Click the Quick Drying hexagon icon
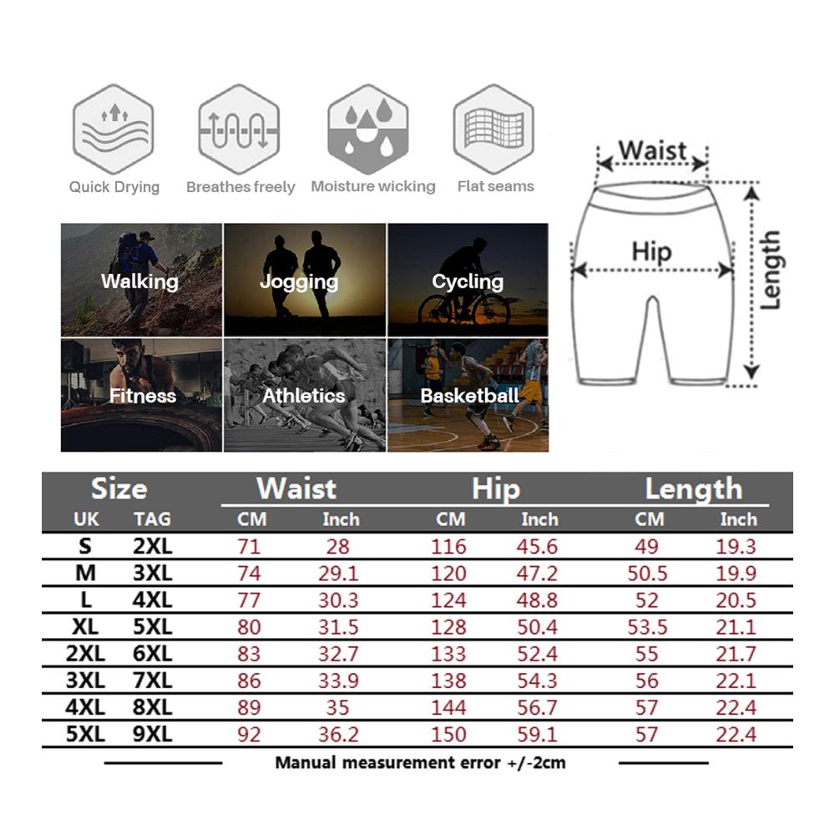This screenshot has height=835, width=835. tap(114, 129)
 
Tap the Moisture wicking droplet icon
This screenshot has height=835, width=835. tap(368, 129)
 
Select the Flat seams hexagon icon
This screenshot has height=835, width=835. tap(493, 129)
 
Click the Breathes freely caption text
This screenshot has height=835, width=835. tap(240, 187)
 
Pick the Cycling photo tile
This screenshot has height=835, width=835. tap(468, 280)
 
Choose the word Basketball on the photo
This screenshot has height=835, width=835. tap(469, 396)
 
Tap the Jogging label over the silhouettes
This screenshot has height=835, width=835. tap(299, 281)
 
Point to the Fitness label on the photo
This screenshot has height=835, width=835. tap(143, 396)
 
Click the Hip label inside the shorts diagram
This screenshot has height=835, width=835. tap(651, 252)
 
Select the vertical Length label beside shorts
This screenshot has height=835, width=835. tap(770, 270)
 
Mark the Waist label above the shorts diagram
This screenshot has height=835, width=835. tap(652, 150)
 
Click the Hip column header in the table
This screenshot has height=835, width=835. tap(496, 488)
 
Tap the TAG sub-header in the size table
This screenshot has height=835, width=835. tap(152, 519)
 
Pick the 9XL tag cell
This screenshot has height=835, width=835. tap(152, 734)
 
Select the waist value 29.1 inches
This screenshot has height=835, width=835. tap(339, 574)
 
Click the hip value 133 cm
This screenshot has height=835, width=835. tap(448, 654)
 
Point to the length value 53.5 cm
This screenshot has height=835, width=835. tap(647, 627)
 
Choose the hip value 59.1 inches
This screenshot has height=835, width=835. tap(537, 734)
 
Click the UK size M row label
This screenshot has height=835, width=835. tap(86, 574)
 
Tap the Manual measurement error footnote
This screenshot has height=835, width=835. tap(420, 763)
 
